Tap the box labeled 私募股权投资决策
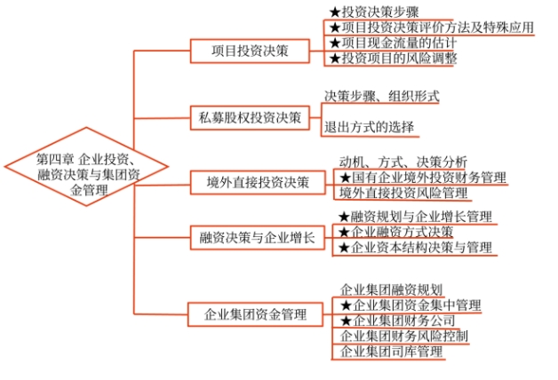(251, 116)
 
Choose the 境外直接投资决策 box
(251, 184)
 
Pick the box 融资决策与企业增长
(251, 237)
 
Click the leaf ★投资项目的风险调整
(392, 59)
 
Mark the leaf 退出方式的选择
(369, 127)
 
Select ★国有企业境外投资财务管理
(422, 178)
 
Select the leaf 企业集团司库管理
(391, 352)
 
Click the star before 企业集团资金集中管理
(347, 305)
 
